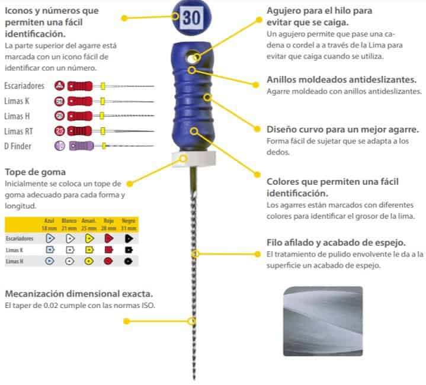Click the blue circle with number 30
click(x=191, y=18)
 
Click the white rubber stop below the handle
click(x=184, y=159)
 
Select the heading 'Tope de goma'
click(x=32, y=172)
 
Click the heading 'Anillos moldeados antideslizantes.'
click(x=341, y=80)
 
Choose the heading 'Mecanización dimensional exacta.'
click(x=79, y=294)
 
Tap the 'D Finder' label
click(x=18, y=145)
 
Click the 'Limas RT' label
click(x=20, y=130)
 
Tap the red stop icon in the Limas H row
click(x=108, y=261)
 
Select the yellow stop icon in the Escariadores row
click(x=89, y=239)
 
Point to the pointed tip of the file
click(x=194, y=378)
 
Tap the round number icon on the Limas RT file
click(x=60, y=130)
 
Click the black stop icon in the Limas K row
click(x=128, y=250)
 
